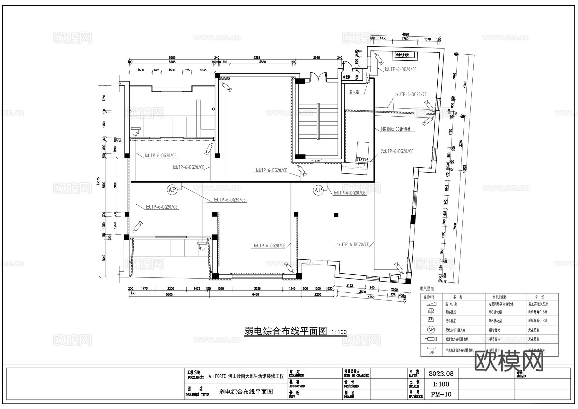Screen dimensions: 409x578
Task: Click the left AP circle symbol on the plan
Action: (172, 190)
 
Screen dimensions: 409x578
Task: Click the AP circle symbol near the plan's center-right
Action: (318, 190)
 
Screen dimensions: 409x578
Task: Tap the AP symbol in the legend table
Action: (431, 330)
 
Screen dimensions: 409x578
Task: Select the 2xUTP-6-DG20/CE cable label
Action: (397, 151)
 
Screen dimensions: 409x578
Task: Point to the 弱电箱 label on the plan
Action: (354, 92)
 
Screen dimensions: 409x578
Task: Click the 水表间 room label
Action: (346, 77)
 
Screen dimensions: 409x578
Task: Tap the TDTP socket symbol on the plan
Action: (362, 159)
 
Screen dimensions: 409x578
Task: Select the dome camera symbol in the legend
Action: (431, 351)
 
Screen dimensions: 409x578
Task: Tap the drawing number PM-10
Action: (441, 395)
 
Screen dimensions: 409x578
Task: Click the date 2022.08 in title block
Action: (441, 374)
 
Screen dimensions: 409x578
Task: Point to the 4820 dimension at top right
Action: (406, 34)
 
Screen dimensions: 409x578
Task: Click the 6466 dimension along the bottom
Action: (255, 294)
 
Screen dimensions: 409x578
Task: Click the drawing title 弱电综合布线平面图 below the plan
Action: (285, 331)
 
